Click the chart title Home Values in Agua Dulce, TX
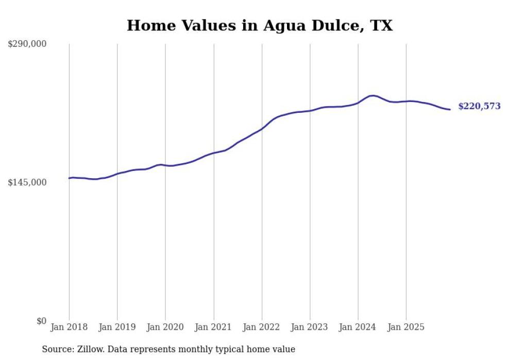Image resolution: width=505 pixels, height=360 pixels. [x=260, y=25]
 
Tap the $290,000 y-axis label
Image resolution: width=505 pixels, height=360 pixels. [x=27, y=44]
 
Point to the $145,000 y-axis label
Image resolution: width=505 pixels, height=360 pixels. [x=27, y=182]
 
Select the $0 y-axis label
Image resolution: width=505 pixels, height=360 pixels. [x=41, y=321]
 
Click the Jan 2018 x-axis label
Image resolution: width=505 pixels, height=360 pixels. [x=69, y=327]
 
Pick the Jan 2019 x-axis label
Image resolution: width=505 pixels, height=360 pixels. [x=117, y=327]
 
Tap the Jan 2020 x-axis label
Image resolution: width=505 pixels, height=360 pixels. [x=165, y=327]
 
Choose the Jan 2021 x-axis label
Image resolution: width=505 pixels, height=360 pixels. [x=213, y=327]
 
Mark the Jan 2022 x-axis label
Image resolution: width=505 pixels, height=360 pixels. [x=262, y=327]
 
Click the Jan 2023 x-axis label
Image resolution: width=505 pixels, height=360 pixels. [x=310, y=327]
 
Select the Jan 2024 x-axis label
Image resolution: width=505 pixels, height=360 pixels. [x=358, y=327]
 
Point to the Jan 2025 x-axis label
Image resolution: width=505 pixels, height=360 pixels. [x=406, y=327]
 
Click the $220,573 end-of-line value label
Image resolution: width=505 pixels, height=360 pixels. [x=479, y=107]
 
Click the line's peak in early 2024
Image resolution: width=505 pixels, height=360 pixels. [x=372, y=95]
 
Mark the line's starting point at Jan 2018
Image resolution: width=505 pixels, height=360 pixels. [x=69, y=178]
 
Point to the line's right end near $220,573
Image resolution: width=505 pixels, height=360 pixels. [x=450, y=109]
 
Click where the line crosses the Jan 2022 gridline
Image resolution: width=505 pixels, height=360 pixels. [x=262, y=128]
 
